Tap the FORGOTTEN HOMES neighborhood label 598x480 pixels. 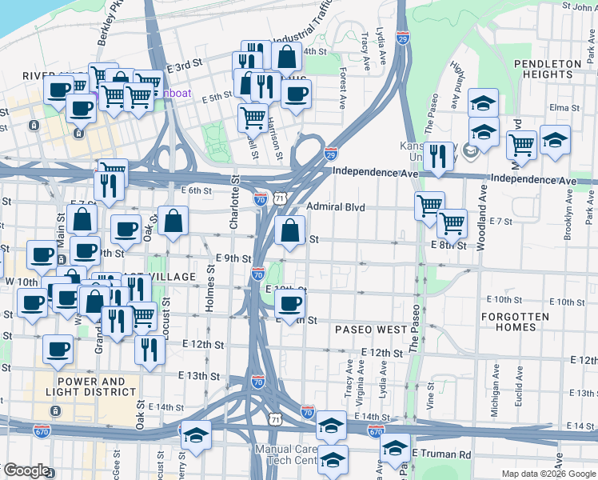point(515,322)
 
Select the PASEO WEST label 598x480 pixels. point(371,330)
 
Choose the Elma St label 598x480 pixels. point(564,107)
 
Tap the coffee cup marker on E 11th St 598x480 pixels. point(289,304)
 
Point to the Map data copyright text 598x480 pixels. point(548,474)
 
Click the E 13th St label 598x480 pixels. point(199,375)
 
